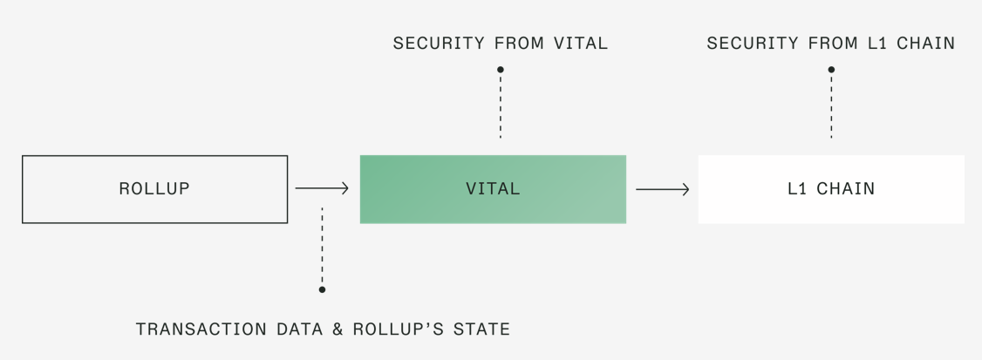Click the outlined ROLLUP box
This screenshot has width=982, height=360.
click(x=154, y=189)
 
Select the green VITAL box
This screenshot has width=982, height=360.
click(x=493, y=189)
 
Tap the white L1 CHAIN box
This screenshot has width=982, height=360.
click(x=831, y=189)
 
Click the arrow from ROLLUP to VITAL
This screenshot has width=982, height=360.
click(x=322, y=188)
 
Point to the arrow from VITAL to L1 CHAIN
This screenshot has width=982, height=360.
click(x=662, y=188)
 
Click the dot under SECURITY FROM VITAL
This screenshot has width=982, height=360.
click(x=500, y=70)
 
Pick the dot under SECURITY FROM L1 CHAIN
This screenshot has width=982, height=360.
click(x=831, y=70)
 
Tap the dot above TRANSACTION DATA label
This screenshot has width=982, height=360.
click(x=322, y=289)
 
